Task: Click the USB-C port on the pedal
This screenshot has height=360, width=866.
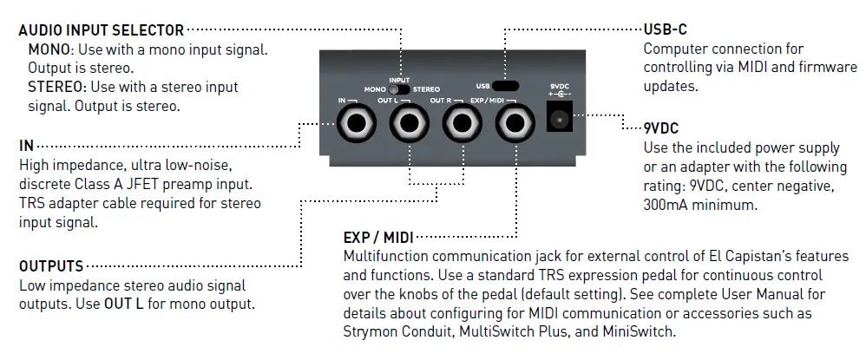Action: coord(504,86)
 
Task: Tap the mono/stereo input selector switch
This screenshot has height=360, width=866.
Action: coord(398,88)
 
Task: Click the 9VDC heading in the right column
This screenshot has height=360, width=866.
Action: coord(665,128)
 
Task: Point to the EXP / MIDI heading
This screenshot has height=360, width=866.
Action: coord(379,238)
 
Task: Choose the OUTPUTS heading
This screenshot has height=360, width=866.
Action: coord(51,265)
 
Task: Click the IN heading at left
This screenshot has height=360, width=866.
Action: coord(26,144)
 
